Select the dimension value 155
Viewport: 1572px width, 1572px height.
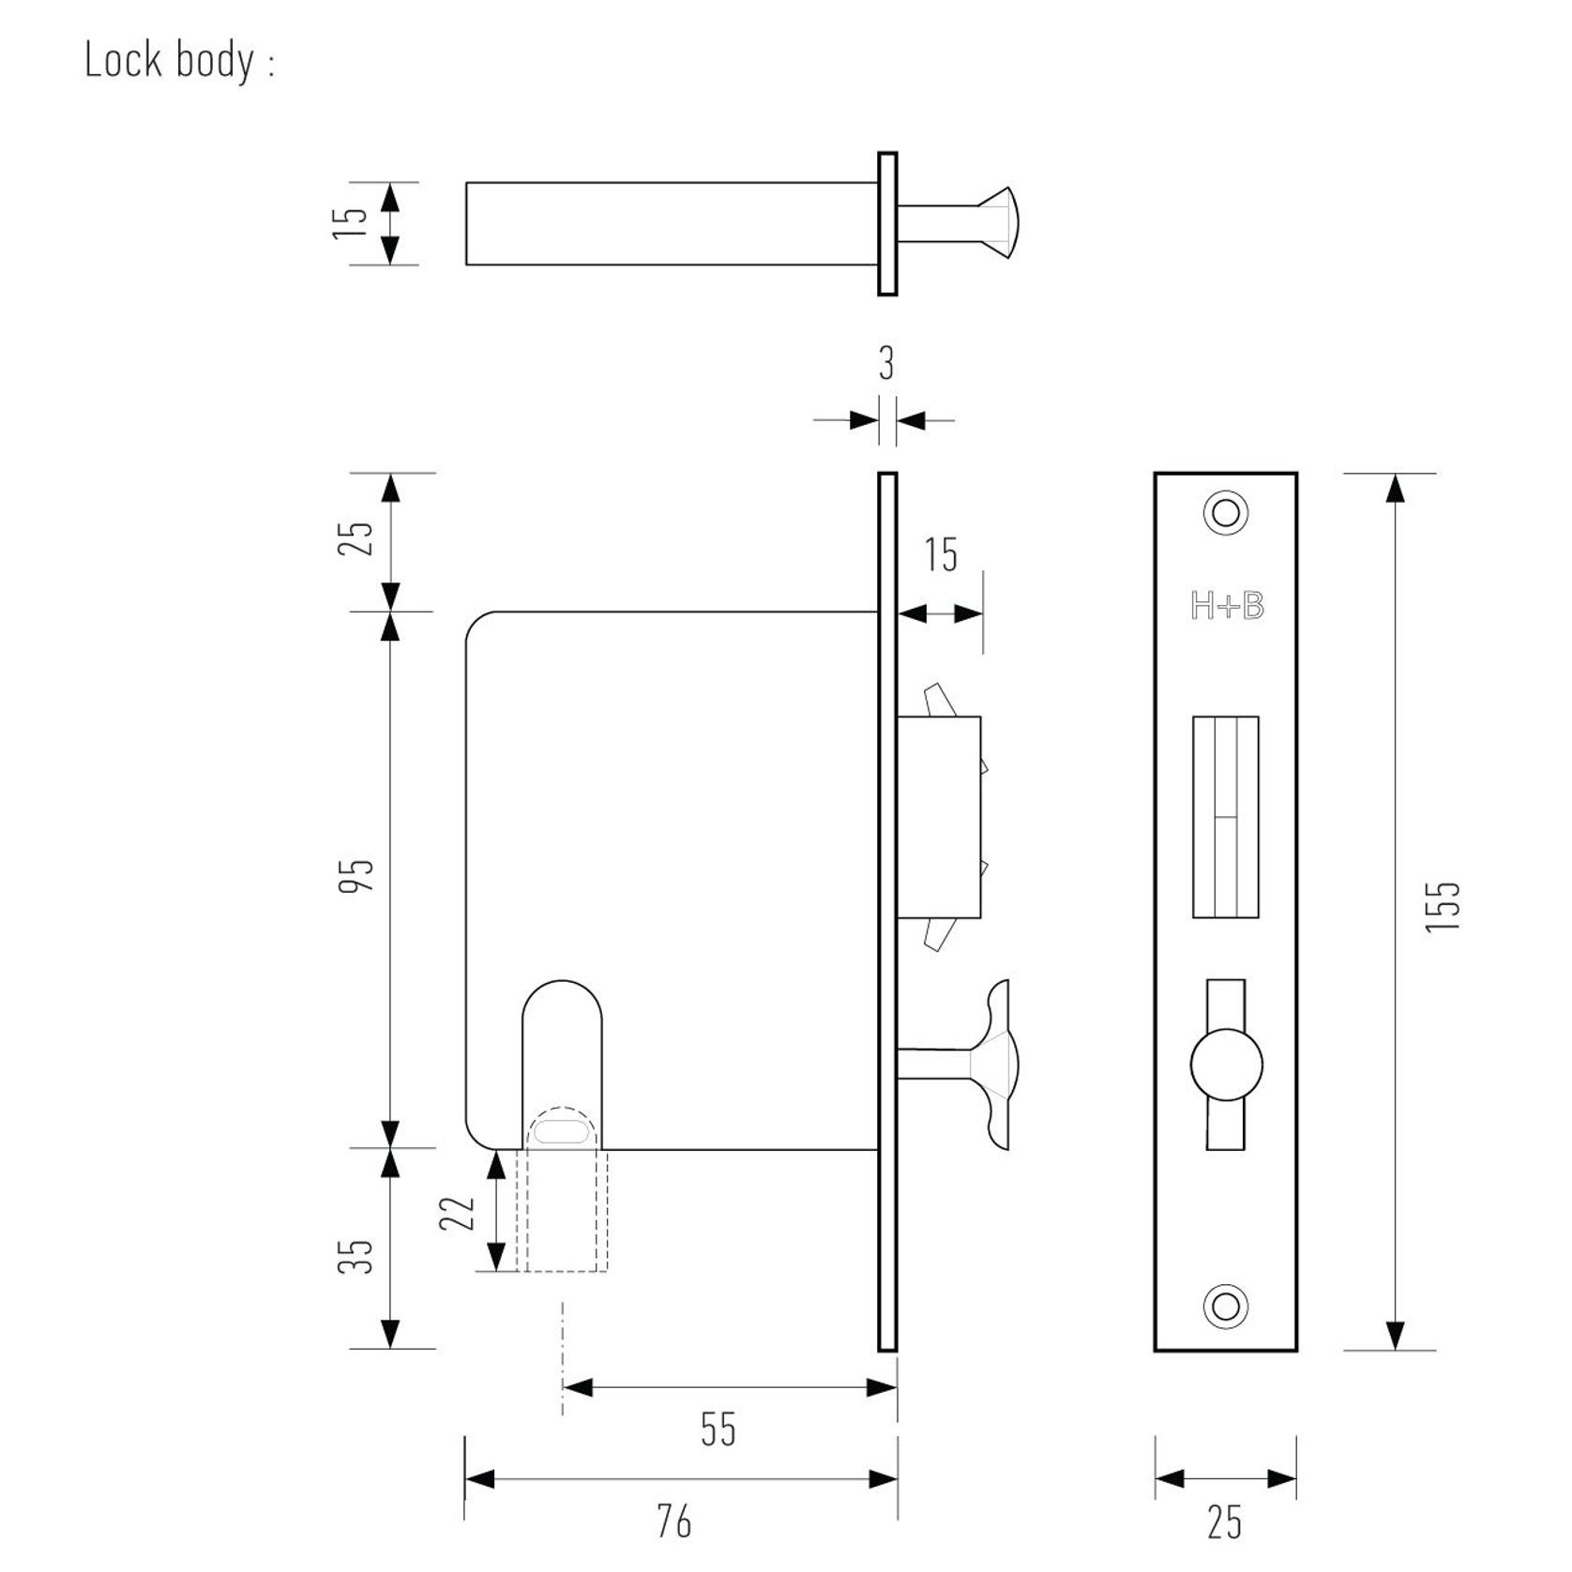(x=1444, y=905)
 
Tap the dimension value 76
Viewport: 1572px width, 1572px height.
(x=673, y=1520)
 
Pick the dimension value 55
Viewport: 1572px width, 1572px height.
(x=718, y=1429)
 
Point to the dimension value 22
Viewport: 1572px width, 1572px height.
(x=458, y=1214)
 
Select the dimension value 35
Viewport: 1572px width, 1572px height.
(x=356, y=1256)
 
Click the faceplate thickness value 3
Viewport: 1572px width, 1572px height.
(x=886, y=364)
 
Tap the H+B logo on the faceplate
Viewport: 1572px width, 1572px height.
(x=1227, y=607)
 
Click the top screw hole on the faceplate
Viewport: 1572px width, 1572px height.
(x=1225, y=513)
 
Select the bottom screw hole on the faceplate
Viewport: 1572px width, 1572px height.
(x=1225, y=1307)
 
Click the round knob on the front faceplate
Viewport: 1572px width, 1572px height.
(x=1226, y=1066)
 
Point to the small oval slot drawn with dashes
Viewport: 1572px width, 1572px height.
(x=561, y=1132)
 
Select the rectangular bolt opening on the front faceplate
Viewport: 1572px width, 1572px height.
(x=1225, y=816)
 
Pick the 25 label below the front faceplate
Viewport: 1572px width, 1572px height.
(x=1224, y=1521)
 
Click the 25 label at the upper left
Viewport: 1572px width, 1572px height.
(x=356, y=537)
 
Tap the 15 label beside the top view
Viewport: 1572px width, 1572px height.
(x=351, y=222)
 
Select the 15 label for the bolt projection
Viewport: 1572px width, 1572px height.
(x=941, y=555)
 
